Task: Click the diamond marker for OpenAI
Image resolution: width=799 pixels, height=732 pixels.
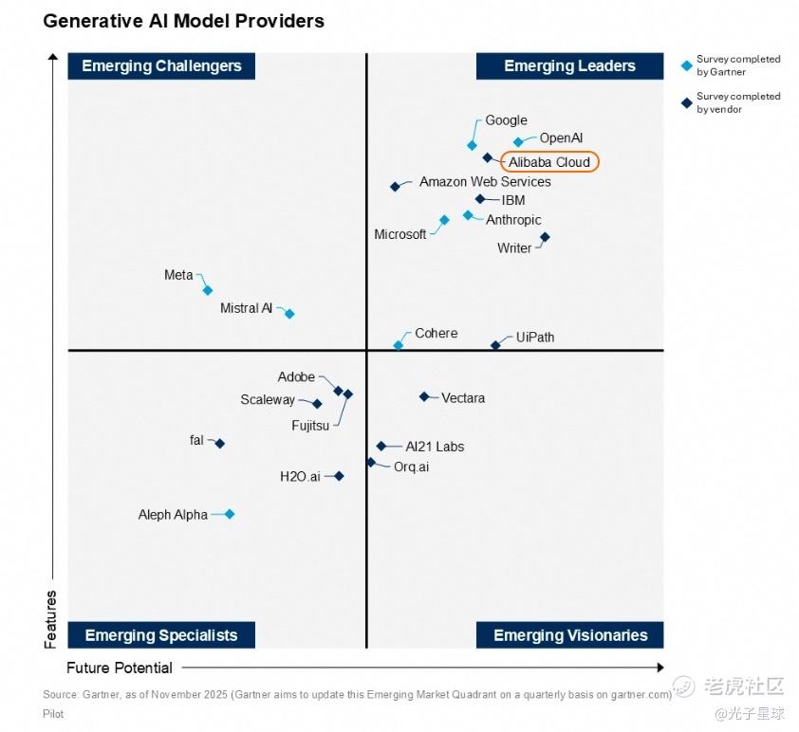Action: click(x=518, y=142)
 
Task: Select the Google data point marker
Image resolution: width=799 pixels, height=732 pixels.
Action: click(x=472, y=145)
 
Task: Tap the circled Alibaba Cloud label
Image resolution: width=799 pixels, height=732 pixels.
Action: click(x=550, y=162)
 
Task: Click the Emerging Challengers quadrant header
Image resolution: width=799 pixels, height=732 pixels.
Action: click(x=161, y=65)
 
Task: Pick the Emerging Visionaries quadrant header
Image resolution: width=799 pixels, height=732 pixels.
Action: click(x=569, y=635)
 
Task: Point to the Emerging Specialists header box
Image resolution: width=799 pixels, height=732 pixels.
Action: click(x=161, y=635)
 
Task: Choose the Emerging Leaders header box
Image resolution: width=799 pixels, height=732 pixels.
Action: click(x=569, y=65)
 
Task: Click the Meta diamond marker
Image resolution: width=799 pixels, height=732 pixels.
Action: click(x=208, y=290)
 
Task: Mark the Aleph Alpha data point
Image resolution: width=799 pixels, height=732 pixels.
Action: click(x=229, y=514)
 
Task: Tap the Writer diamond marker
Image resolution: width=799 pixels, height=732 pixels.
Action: click(x=545, y=237)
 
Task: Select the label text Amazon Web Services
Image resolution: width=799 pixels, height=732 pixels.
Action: click(x=485, y=181)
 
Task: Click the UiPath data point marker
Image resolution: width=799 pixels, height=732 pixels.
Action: click(x=495, y=345)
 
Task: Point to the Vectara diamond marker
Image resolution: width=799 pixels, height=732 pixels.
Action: click(x=424, y=396)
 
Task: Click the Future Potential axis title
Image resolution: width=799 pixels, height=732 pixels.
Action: click(x=120, y=668)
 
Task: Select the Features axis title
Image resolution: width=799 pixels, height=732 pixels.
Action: click(x=51, y=619)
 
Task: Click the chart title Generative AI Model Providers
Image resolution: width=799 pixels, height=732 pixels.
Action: click(x=183, y=20)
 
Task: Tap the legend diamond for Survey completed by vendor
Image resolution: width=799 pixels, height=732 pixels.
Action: click(x=687, y=102)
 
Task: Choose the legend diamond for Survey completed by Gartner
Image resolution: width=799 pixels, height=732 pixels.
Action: click(x=687, y=65)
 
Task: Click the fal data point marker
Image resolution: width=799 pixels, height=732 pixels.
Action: click(x=219, y=443)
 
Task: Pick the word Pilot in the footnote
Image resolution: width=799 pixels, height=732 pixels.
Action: click(x=53, y=714)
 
